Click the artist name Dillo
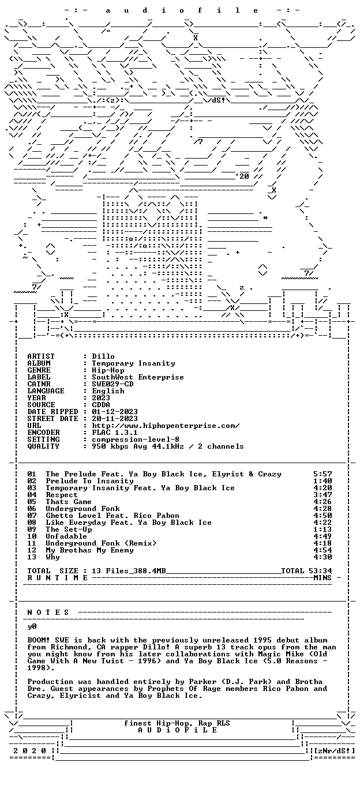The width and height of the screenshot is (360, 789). click(x=103, y=356)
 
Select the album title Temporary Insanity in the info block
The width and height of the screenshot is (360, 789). click(x=133, y=363)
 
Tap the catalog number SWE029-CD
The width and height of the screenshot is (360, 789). click(x=112, y=384)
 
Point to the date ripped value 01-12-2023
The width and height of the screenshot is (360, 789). click(x=115, y=412)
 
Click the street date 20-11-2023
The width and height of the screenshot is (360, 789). click(x=115, y=419)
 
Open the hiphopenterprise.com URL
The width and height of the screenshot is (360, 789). click(x=166, y=426)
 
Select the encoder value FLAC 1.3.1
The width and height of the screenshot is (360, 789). click(x=115, y=433)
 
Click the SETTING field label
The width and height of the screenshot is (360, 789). click(x=44, y=439)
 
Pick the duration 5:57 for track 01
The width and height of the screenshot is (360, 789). click(x=322, y=474)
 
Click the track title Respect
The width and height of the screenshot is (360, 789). click(x=62, y=495)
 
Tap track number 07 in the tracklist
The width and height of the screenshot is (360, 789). click(x=32, y=516)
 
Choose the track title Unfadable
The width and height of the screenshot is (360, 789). click(x=66, y=536)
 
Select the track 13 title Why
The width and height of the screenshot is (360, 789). click(x=52, y=557)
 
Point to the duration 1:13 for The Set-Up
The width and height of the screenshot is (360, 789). click(x=322, y=529)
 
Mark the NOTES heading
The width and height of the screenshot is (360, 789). click(x=48, y=613)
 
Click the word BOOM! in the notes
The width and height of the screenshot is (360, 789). click(x=39, y=640)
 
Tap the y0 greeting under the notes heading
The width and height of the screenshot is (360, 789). click(x=32, y=626)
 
